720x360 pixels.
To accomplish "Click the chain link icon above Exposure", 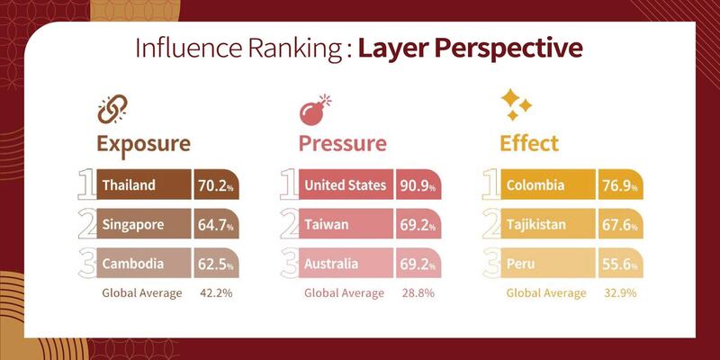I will pos(112,110).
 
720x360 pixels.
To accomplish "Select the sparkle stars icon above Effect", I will pos(516,105).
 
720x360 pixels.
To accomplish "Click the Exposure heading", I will pos(143,144).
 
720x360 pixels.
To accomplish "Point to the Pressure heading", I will pos(342,144).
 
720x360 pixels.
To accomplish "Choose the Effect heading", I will pos(529,144).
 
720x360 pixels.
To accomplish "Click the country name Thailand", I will pos(129,185).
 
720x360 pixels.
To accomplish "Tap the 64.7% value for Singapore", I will pos(215,225).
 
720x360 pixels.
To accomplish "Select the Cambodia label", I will pos(132,264).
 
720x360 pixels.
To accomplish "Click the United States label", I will pos(345,185).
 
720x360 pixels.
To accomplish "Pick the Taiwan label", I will pos(327,225).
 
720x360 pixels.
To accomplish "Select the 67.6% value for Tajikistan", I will pos(620,225).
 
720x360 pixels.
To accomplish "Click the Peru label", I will pos(521,264).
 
